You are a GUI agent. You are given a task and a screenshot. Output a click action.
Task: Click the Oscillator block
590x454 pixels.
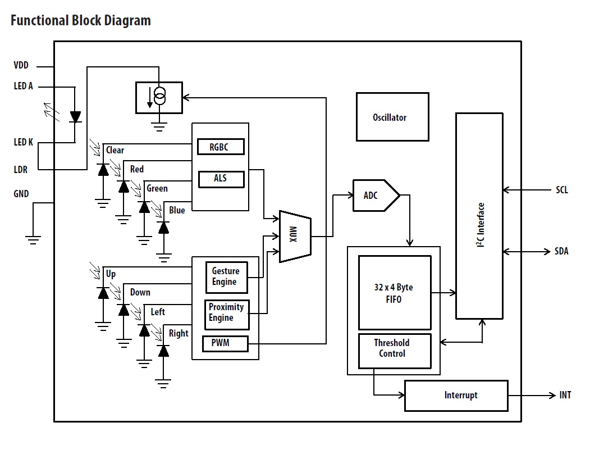pyautogui.click(x=392, y=117)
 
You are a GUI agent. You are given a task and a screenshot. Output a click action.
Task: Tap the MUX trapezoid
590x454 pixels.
pyautogui.click(x=295, y=236)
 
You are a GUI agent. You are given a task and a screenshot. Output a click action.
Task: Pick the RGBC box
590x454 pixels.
pyautogui.click(x=221, y=147)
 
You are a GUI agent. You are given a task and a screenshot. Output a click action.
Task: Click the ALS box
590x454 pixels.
pyautogui.click(x=221, y=179)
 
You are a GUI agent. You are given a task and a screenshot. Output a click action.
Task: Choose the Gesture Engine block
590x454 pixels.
pyautogui.click(x=226, y=277)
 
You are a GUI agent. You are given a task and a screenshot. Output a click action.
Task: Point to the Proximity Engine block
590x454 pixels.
pyautogui.click(x=226, y=313)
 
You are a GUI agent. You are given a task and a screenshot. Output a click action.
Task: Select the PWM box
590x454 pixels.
pyautogui.click(x=225, y=343)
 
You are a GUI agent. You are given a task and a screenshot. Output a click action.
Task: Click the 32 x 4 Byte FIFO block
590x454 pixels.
pyautogui.click(x=395, y=293)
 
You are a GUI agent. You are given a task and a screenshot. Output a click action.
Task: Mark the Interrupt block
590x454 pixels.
pyautogui.click(x=456, y=395)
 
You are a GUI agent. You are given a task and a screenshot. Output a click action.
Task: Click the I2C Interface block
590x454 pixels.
pyautogui.click(x=479, y=216)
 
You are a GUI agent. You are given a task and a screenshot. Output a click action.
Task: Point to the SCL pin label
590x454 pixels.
pyautogui.click(x=561, y=190)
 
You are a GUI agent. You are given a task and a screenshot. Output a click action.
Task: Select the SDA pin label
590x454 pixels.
pyautogui.click(x=561, y=251)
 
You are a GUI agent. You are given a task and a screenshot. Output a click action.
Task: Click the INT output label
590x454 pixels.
pyautogui.click(x=565, y=395)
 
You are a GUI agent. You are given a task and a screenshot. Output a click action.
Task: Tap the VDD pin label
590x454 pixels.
pyautogui.click(x=21, y=66)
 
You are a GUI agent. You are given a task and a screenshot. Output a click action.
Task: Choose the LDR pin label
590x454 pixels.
pyautogui.click(x=21, y=169)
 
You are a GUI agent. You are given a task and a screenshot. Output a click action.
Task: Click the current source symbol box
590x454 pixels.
pyautogui.click(x=159, y=97)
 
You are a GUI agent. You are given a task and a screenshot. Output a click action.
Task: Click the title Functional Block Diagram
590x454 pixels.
pyautogui.click(x=81, y=21)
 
